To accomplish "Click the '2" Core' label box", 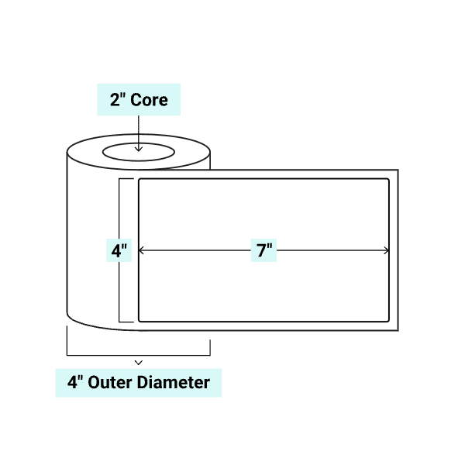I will point(138,99).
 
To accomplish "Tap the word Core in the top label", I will point(149,99).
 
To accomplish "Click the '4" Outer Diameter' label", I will point(138,382).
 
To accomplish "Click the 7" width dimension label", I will point(263,250).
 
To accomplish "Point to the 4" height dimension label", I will point(119,251).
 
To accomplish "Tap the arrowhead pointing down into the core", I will point(138,148).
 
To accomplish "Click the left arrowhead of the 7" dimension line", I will point(141,250).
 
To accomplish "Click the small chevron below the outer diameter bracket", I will point(138,362).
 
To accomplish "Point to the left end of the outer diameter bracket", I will point(67,341).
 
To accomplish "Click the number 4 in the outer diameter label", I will point(70,382).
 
